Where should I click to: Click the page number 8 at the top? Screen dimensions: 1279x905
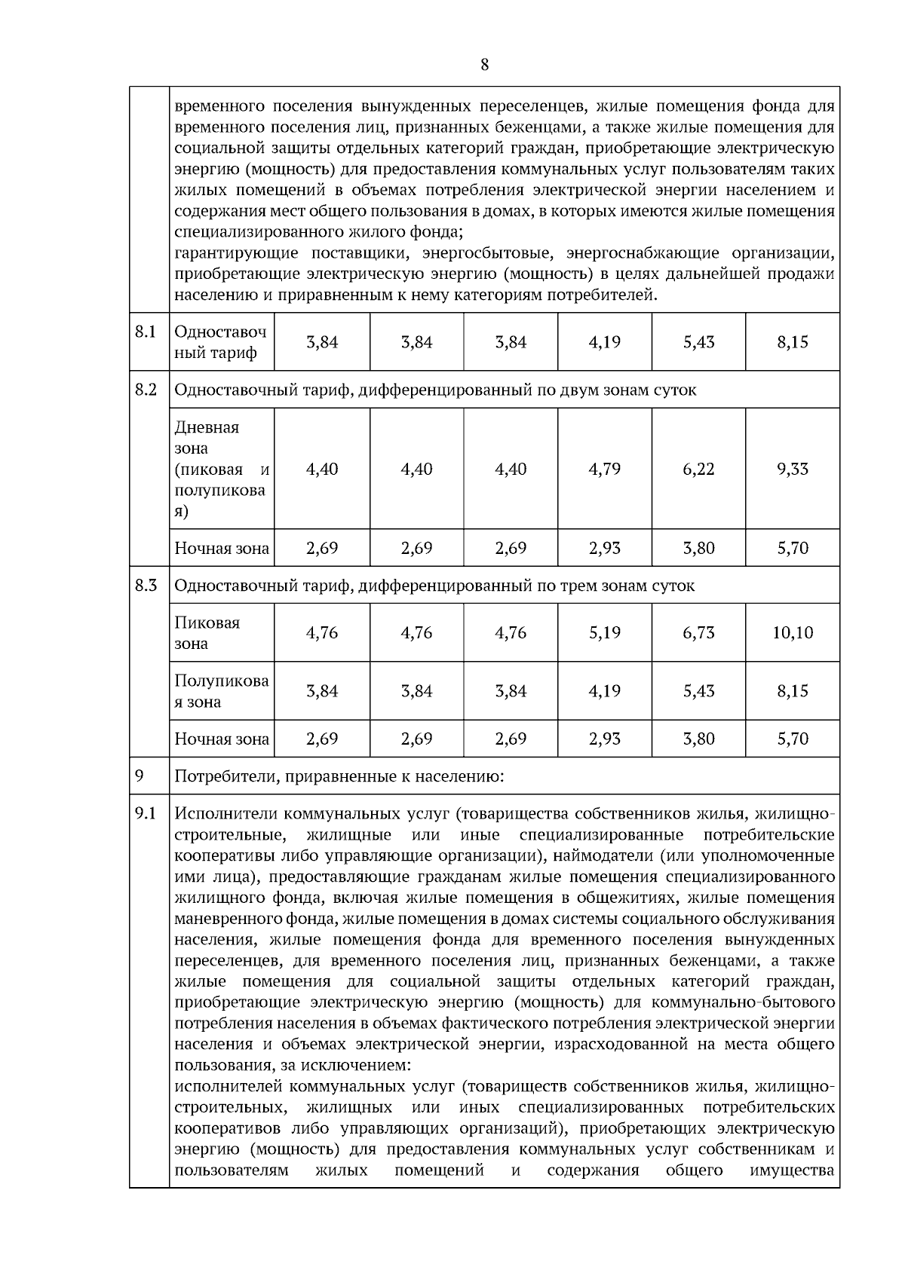click(484, 65)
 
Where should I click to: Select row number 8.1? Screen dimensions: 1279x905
click(146, 332)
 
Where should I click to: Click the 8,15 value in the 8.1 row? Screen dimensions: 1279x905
click(792, 342)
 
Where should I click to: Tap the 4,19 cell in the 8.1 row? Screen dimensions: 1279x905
click(604, 342)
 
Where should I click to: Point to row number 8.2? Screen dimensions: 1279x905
click(146, 390)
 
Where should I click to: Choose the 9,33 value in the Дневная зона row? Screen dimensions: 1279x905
click(792, 469)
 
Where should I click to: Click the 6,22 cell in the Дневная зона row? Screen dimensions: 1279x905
click(698, 469)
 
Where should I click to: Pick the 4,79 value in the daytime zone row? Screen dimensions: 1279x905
click(604, 469)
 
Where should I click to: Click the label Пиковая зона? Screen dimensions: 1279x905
click(207, 633)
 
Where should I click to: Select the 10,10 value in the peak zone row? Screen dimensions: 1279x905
click(792, 632)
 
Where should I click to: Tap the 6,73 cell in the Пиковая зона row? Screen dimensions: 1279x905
click(698, 632)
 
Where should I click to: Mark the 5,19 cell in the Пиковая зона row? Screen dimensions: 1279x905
click(604, 632)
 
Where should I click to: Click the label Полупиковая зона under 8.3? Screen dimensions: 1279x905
click(221, 691)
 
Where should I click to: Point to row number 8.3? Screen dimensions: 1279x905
click(146, 585)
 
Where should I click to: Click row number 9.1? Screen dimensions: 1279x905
click(146, 813)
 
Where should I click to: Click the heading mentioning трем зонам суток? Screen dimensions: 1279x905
click(434, 586)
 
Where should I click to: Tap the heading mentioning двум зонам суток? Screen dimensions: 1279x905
click(435, 390)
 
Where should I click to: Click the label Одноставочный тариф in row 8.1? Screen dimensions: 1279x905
click(220, 342)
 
